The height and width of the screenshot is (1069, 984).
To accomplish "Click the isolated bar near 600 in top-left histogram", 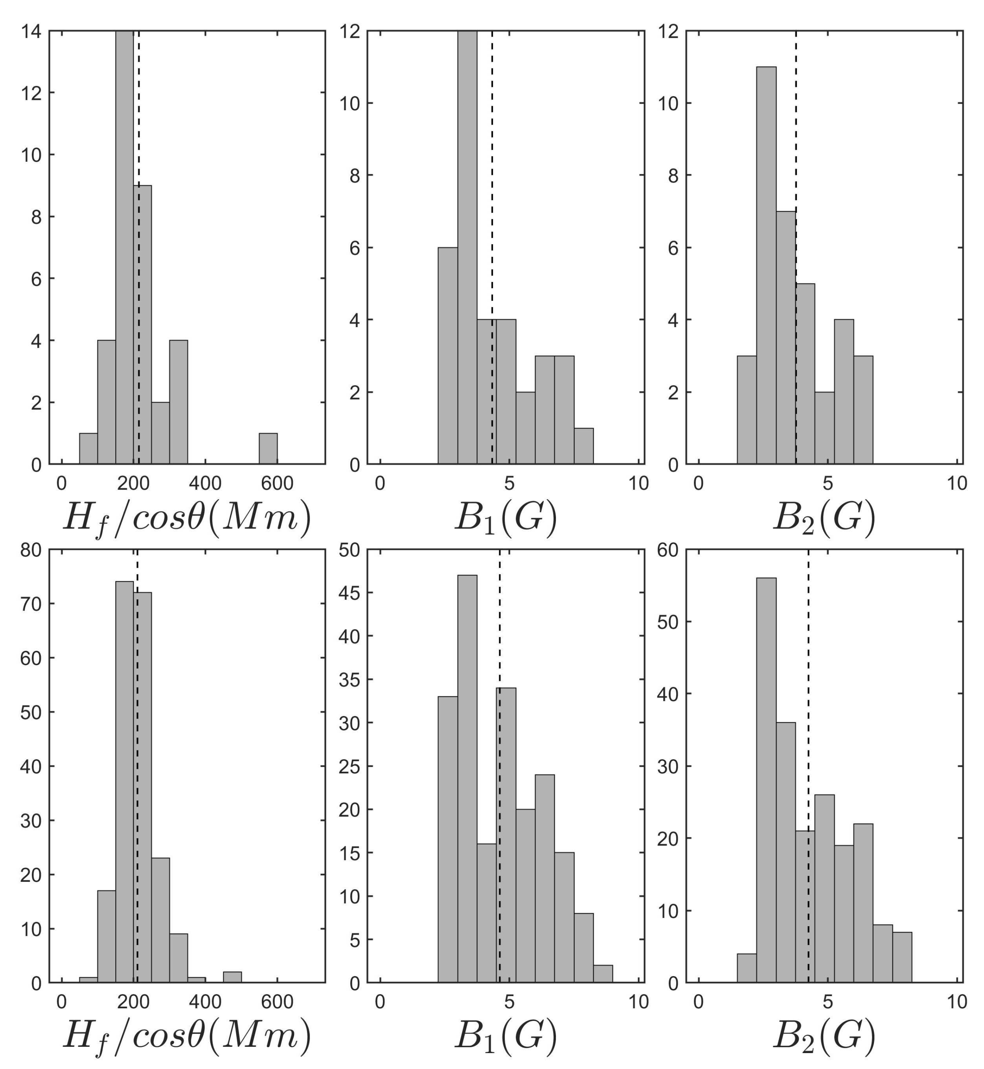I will coord(268,448).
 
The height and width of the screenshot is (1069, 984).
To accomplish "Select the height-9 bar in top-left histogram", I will coord(143,325).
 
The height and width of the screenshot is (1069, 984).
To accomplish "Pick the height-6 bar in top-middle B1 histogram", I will coord(448,356).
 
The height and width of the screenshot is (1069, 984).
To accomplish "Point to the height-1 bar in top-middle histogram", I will coord(584,446).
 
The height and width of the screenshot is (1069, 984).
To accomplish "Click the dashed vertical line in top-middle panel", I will coord(492,159).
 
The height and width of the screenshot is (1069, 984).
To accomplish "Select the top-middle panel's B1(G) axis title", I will coord(506,517).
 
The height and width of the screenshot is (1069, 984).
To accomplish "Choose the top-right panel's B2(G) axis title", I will coord(824,517).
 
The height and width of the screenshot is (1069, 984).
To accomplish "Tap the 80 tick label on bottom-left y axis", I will coord(31,550).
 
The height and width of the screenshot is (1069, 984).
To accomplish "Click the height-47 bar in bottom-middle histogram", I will coord(467,780).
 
